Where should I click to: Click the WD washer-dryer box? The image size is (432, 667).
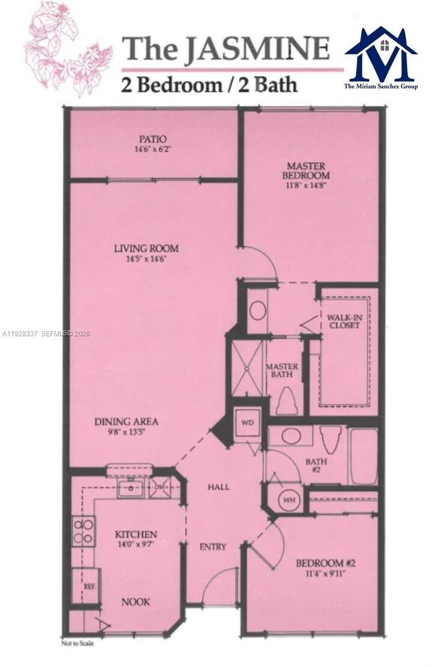pyautogui.click(x=247, y=422)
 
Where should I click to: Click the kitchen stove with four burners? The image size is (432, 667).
pyautogui.click(x=83, y=531)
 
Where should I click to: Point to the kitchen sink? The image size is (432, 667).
pyautogui.click(x=130, y=488)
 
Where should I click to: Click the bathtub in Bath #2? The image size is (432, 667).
pyautogui.click(x=363, y=455)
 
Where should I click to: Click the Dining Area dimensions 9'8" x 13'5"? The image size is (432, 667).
pyautogui.click(x=126, y=431)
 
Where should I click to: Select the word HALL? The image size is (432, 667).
pyautogui.click(x=218, y=487)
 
